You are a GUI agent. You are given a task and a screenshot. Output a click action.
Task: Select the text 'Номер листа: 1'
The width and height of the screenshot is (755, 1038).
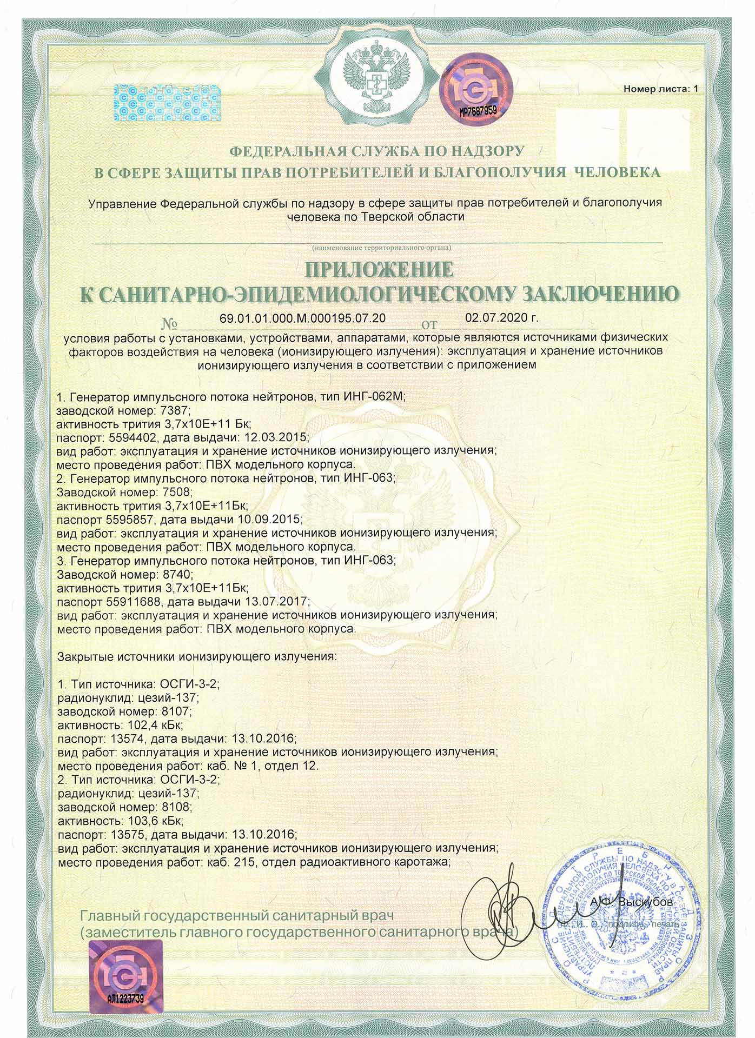(660, 88)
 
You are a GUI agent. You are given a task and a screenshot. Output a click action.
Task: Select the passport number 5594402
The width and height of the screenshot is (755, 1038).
(128, 437)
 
